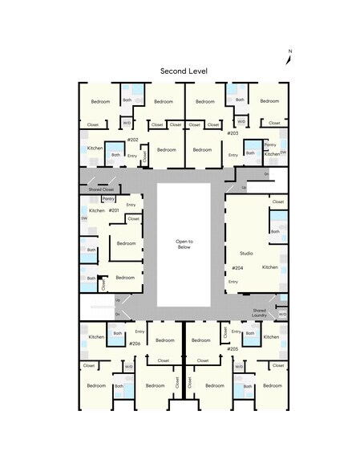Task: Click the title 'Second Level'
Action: tap(184, 71)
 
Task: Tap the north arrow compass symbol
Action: tap(289, 56)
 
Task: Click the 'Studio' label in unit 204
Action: tap(246, 254)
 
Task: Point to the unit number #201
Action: tap(114, 210)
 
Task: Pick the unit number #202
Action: tap(133, 140)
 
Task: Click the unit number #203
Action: tap(233, 133)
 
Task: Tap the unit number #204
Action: tap(237, 267)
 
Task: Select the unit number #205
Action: tap(233, 349)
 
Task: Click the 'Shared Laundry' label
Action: tap(259, 313)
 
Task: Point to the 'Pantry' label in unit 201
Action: tap(108, 198)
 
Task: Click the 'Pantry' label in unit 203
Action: tap(269, 144)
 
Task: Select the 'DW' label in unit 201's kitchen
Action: tap(83, 218)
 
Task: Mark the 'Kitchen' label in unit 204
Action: tap(269, 267)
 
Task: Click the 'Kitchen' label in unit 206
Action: tap(96, 337)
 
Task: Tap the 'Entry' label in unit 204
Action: tap(233, 282)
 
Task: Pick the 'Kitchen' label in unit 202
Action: tap(95, 149)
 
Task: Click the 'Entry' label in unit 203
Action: tap(233, 155)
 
